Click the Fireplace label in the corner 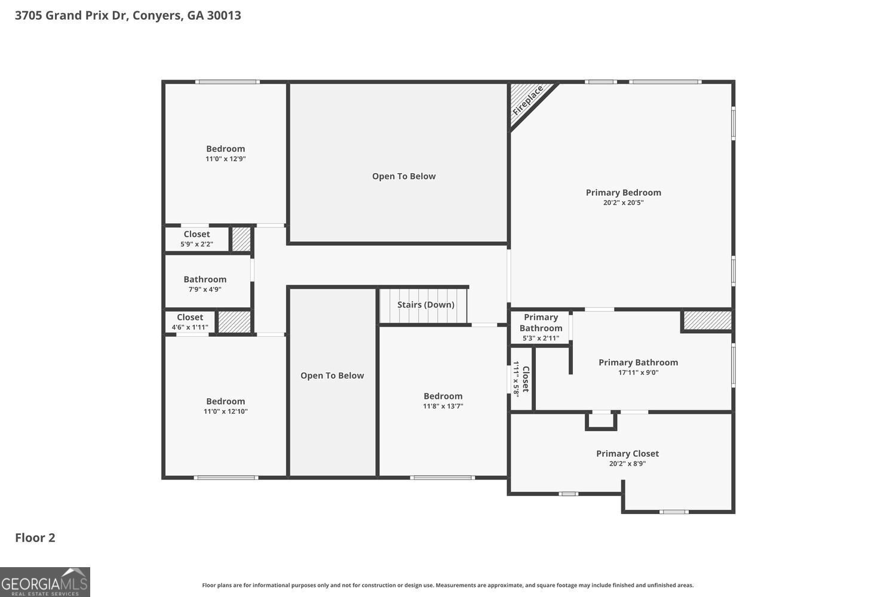pyautogui.click(x=527, y=100)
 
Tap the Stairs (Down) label pyautogui.click(x=426, y=304)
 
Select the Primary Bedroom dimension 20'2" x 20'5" pyautogui.click(x=623, y=202)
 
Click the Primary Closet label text pyautogui.click(x=627, y=454)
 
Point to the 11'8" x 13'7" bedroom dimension pyautogui.click(x=443, y=406)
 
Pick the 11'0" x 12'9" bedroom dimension pyautogui.click(x=225, y=159)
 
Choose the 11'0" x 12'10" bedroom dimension pyautogui.click(x=225, y=411)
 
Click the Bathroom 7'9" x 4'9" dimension pyautogui.click(x=205, y=290)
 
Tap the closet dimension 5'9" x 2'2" pyautogui.click(x=197, y=244)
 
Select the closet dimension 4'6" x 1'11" pyautogui.click(x=190, y=327)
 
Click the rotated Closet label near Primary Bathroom pyautogui.click(x=526, y=379)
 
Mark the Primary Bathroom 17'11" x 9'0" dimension pyautogui.click(x=638, y=373)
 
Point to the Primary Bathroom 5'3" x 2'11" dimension pyautogui.click(x=541, y=338)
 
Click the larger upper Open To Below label pyautogui.click(x=404, y=176)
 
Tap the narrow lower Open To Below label pyautogui.click(x=332, y=376)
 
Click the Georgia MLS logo pyautogui.click(x=45, y=582)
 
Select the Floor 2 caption pyautogui.click(x=35, y=537)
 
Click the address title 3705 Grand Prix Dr pyautogui.click(x=128, y=16)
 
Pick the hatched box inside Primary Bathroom pyautogui.click(x=707, y=321)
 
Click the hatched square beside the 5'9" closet pyautogui.click(x=241, y=239)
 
